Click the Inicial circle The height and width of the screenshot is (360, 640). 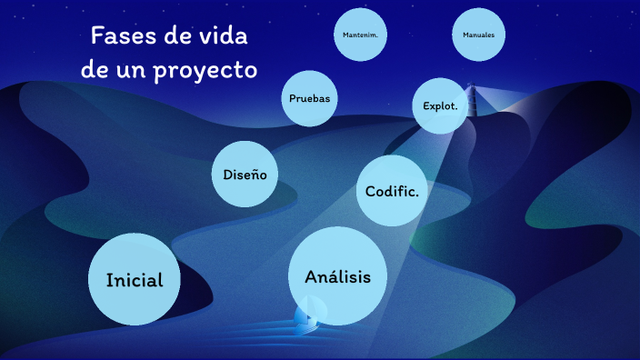[x=134, y=279]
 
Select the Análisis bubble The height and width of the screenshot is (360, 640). [x=337, y=276]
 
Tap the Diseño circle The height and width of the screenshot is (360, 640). [x=245, y=174]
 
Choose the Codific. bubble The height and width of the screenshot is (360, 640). [x=393, y=190]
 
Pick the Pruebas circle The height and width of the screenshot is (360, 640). [x=309, y=97]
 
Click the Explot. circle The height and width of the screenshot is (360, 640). [x=445, y=105]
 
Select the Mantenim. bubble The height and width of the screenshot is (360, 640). [x=361, y=35]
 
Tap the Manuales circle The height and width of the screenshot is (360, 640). [x=479, y=35]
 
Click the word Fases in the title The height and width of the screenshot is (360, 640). [x=120, y=37]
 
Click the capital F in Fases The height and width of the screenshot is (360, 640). [x=98, y=37]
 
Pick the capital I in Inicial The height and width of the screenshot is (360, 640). [x=109, y=279]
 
